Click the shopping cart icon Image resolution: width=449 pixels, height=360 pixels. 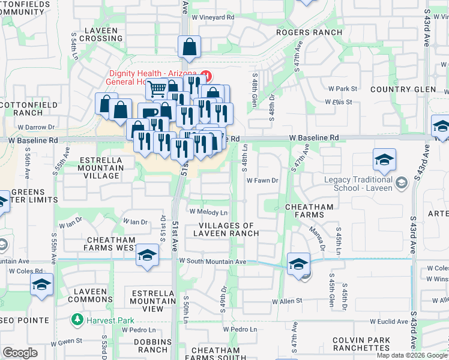pos(157,89)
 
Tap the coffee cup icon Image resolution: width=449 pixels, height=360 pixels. pos(148,113)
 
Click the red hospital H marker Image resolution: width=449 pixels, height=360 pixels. pos(206,76)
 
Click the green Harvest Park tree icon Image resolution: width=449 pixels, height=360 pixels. pos(77,320)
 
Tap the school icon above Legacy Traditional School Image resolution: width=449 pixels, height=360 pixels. pos(384,160)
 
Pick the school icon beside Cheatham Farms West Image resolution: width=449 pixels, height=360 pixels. pos(146,255)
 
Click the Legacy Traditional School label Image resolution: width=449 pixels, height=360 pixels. pos(358,184)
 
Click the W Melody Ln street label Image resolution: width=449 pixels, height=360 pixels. pos(208,212)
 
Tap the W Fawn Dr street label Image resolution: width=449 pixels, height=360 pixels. pos(262,180)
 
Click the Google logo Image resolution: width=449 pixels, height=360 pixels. pos(20,353)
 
